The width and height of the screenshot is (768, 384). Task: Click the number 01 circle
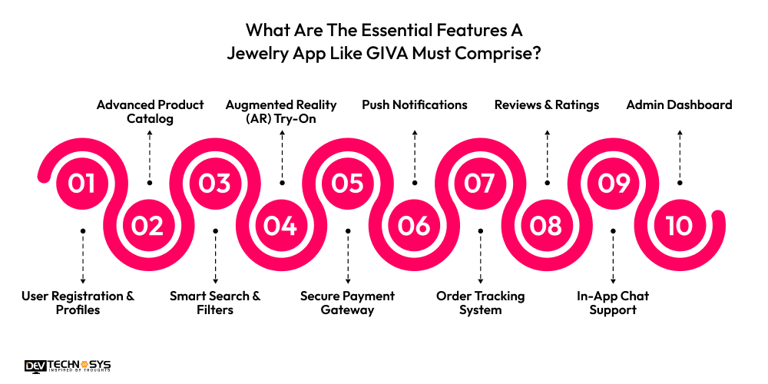click(81, 183)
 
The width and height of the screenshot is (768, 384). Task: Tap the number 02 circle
click(148, 226)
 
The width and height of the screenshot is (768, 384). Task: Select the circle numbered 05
click(347, 183)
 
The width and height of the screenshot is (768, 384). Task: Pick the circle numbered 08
click(546, 226)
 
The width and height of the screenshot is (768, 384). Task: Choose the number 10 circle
click(679, 226)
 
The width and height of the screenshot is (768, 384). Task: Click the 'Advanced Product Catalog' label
click(150, 111)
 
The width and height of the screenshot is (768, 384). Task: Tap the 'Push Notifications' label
click(415, 104)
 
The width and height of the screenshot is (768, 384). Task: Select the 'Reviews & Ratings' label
click(547, 104)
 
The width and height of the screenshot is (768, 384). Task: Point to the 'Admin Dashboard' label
click(679, 104)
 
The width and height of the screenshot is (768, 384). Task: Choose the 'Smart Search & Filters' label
click(215, 303)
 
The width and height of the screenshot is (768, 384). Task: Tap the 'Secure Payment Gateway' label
click(347, 303)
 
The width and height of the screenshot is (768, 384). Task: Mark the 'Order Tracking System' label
click(481, 303)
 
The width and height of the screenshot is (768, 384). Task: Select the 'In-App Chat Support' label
click(613, 303)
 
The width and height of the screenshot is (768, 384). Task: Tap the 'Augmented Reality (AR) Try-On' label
click(281, 111)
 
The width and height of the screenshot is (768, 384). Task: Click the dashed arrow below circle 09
click(613, 258)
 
